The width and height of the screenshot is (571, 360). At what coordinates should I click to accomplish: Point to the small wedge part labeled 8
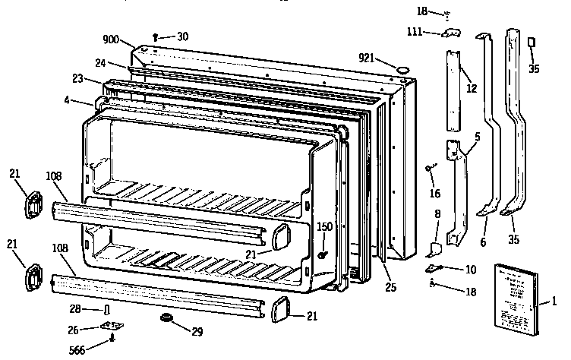point(434,248)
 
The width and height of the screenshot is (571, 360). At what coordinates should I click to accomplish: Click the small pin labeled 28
point(106,310)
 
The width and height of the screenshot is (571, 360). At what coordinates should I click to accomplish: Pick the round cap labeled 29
point(163,317)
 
